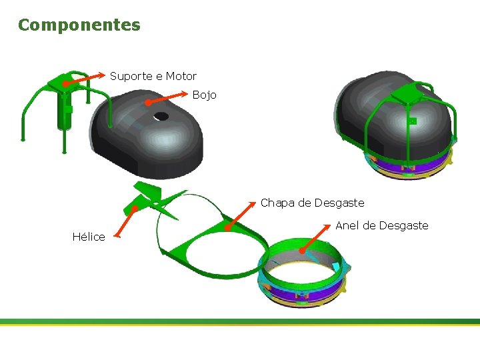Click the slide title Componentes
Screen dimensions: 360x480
pos(79,25)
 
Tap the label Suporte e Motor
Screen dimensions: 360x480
pos(153,76)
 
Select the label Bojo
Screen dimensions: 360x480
pos(204,95)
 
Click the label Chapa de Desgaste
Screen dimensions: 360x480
pos(312,203)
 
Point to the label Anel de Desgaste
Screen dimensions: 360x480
pos(381,225)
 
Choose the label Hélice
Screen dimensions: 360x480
pos(89,237)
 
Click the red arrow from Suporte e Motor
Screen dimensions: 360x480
pos(83,79)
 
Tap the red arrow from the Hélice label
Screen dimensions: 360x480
pos(125,221)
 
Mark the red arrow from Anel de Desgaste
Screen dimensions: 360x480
pos(318,239)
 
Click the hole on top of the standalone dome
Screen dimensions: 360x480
pos(161,116)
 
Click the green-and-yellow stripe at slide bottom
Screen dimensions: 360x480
pos(240,322)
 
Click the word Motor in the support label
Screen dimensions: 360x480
pos(181,76)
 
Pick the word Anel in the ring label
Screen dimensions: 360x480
pos(347,225)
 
